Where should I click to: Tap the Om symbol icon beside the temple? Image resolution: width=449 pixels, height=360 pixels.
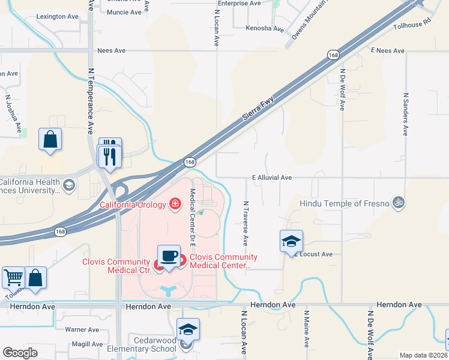pyautogui.click(x=396, y=203)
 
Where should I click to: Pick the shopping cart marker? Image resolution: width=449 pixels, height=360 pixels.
pyautogui.click(x=13, y=278)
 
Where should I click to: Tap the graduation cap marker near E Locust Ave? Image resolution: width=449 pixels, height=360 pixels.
pyautogui.click(x=291, y=241)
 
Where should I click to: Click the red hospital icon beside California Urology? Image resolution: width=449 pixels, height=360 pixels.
pyautogui.click(x=175, y=204)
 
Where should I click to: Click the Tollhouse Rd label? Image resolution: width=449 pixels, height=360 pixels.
pyautogui.click(x=412, y=24)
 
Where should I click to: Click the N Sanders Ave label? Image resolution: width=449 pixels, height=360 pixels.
pyautogui.click(x=406, y=114)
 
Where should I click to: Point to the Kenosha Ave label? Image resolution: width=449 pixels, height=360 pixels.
pyautogui.click(x=265, y=28)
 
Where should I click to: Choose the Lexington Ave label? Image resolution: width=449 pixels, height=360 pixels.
pyautogui.click(x=58, y=17)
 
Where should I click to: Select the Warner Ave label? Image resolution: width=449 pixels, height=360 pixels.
pyautogui.click(x=82, y=329)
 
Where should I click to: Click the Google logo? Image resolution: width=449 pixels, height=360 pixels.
pyautogui.click(x=20, y=353)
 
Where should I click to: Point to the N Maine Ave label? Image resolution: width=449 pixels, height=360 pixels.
pyautogui.click(x=306, y=329)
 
